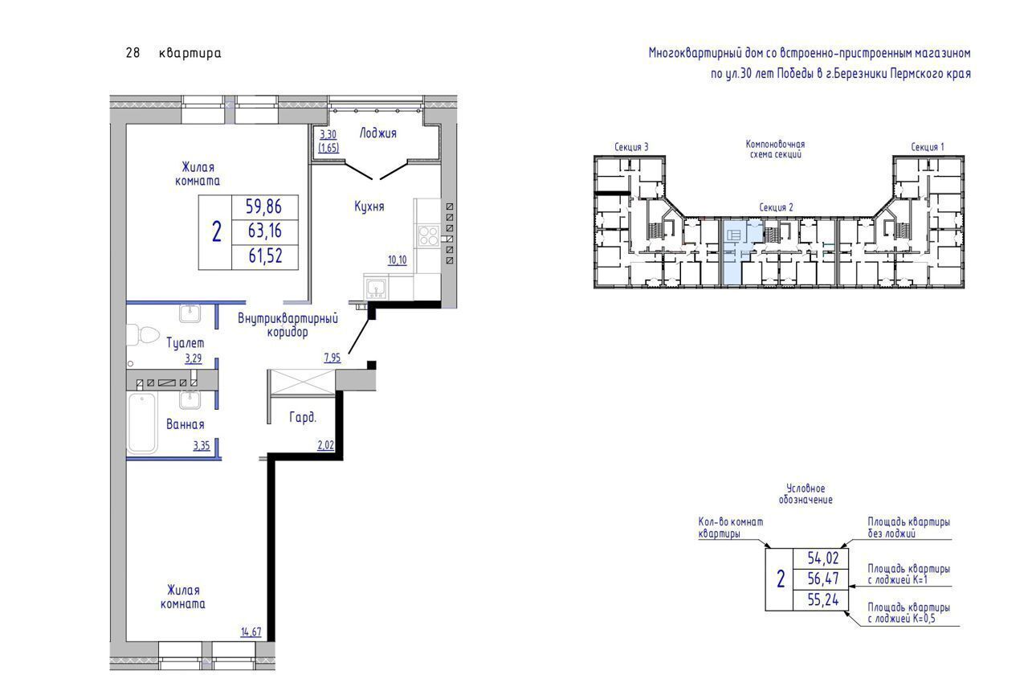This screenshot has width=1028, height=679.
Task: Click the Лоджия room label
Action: [x=377, y=133]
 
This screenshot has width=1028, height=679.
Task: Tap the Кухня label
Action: [x=369, y=207]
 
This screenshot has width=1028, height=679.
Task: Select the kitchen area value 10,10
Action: [x=398, y=260]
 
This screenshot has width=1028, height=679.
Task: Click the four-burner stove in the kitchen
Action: [x=428, y=236]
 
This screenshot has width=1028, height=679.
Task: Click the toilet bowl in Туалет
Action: [x=142, y=335]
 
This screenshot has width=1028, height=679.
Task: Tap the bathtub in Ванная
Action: [x=142, y=423]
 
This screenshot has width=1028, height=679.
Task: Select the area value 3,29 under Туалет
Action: [x=194, y=358]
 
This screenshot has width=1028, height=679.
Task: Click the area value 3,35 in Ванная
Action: [x=202, y=445]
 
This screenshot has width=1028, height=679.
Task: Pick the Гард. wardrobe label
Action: [x=303, y=417]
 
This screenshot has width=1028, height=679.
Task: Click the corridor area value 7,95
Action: [x=332, y=358]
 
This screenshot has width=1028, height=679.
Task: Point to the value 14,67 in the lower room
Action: [x=251, y=632]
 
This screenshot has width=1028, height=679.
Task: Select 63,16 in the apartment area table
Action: [x=265, y=231]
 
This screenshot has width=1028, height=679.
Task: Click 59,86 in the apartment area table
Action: [x=263, y=207]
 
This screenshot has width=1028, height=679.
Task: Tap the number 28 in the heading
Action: [x=133, y=53]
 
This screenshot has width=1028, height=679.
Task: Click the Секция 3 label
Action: [x=631, y=147]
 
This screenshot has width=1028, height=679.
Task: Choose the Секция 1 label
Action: [x=928, y=147]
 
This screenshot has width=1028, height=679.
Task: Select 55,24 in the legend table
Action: [x=823, y=599]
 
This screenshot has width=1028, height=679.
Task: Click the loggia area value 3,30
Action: [x=328, y=134]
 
